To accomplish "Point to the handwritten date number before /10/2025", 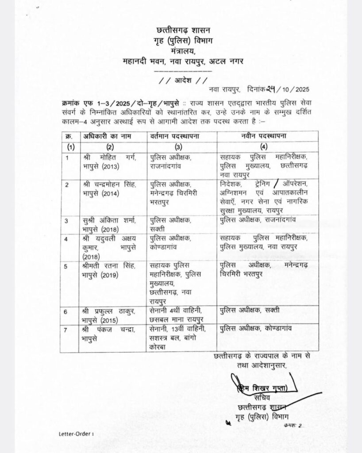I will [270, 89].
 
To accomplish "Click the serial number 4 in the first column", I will [67, 239].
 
